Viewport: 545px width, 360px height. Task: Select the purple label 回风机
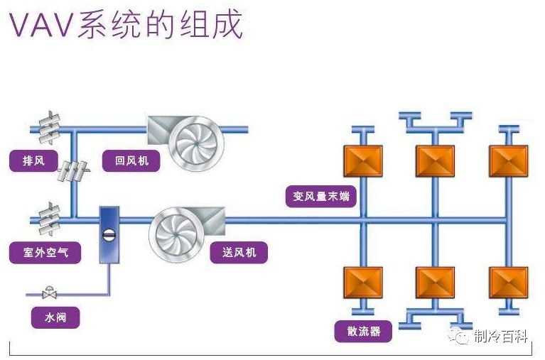click(132, 160)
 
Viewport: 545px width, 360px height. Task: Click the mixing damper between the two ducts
click(74, 170)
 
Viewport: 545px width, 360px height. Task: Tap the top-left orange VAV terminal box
click(362, 161)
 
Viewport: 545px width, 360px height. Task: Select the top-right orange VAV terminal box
click(508, 161)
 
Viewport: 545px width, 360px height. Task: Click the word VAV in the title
click(40, 26)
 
